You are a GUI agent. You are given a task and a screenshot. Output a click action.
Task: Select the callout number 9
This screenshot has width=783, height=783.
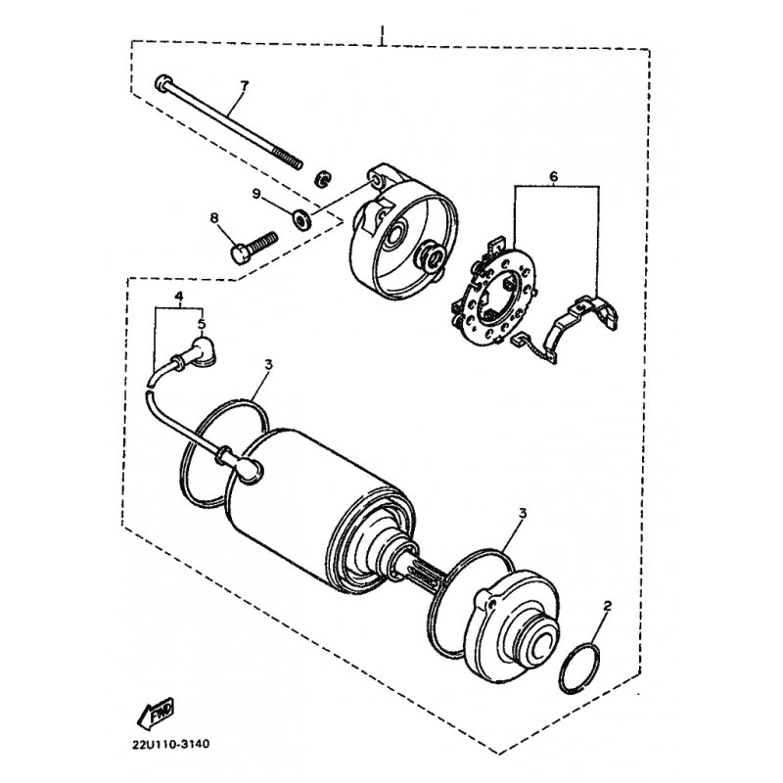tap(256, 196)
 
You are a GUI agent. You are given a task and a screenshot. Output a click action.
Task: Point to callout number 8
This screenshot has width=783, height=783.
tap(212, 218)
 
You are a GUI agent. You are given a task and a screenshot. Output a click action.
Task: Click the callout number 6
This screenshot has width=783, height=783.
tap(553, 176)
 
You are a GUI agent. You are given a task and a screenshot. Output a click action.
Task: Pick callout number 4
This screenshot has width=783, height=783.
tap(179, 296)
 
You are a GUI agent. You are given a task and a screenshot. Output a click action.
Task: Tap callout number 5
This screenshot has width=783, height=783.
tap(201, 323)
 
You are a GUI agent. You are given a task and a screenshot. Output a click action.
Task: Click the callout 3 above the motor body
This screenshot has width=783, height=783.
tap(268, 365)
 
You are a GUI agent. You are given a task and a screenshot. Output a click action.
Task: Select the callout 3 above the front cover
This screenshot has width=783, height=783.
tap(523, 513)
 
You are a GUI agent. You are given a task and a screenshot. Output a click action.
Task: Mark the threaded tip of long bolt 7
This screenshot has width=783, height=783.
tap(291, 161)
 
